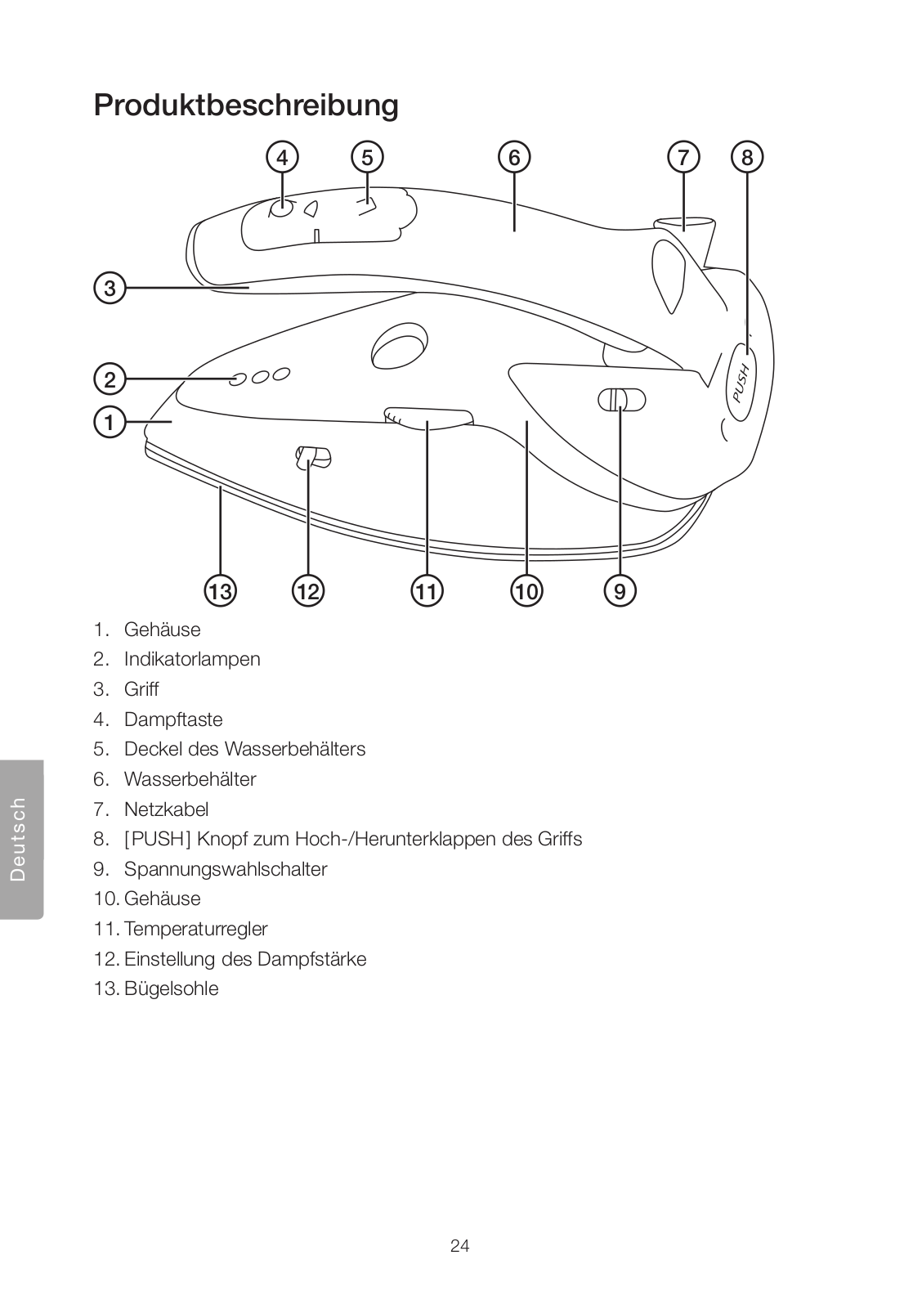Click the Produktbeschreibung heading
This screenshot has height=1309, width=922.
click(246, 105)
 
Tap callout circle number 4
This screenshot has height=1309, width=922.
click(282, 157)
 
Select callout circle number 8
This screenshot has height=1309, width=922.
click(747, 157)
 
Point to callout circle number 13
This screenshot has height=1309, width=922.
click(220, 590)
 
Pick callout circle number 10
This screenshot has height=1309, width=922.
click(527, 590)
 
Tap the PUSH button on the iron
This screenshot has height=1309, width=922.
click(741, 382)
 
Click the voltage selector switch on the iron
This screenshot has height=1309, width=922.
click(621, 400)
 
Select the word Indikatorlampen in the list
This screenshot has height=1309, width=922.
click(192, 659)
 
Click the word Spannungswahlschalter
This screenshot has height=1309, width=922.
click(226, 869)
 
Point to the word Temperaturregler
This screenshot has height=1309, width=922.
click(196, 929)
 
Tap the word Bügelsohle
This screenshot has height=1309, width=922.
click(172, 988)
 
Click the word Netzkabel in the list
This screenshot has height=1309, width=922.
click(167, 809)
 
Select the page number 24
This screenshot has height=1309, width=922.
click(460, 1246)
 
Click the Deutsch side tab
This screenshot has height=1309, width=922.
click(20, 839)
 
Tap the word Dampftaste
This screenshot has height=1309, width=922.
click(173, 720)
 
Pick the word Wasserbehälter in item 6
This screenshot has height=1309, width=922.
click(190, 779)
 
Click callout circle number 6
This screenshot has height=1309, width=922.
click(514, 157)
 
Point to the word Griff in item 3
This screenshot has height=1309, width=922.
click(141, 689)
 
